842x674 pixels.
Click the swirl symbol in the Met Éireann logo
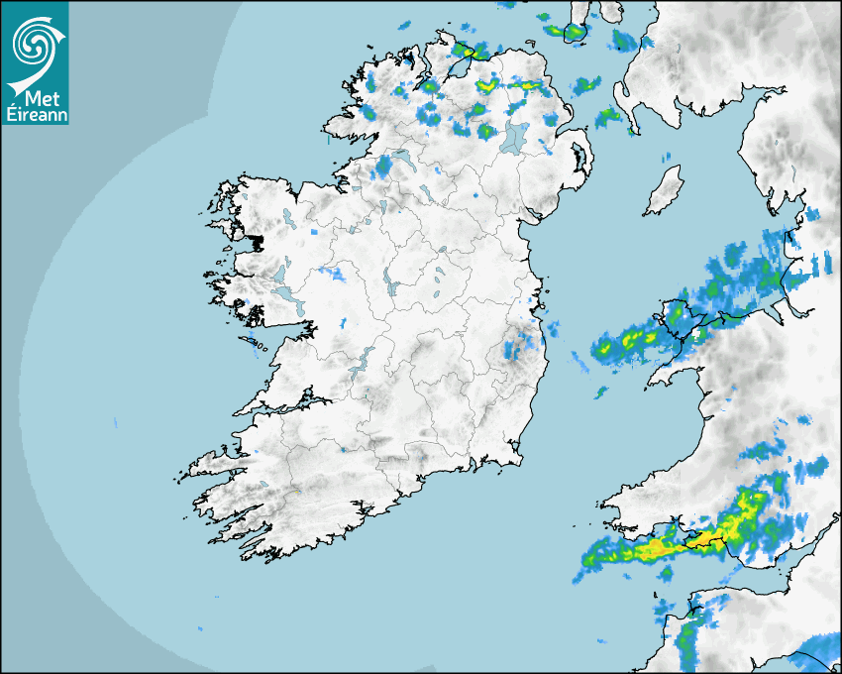(35, 43)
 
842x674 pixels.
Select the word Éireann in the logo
(35, 114)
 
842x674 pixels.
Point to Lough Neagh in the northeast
(515, 138)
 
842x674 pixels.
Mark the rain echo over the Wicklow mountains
(517, 347)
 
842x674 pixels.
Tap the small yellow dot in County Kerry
(296, 492)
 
